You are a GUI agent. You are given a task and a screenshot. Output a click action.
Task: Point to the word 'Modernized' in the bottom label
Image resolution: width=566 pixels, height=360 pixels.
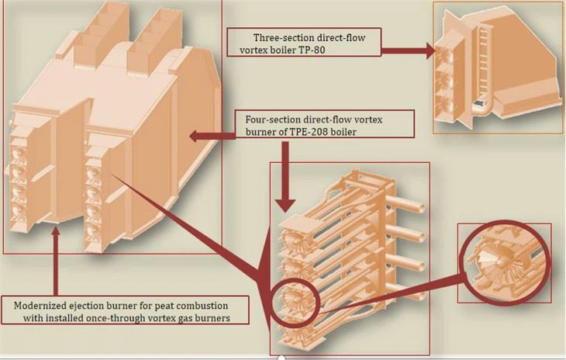43,304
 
